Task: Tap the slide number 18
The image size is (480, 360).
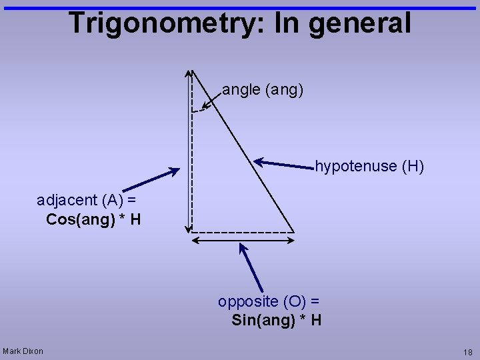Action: pyautogui.click(x=467, y=352)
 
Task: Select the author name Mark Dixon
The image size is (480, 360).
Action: pyautogui.click(x=23, y=351)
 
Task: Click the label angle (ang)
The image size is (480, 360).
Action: pyautogui.click(x=263, y=89)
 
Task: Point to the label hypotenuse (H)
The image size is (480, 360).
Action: pyautogui.click(x=369, y=166)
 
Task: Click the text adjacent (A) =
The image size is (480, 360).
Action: pyautogui.click(x=87, y=199)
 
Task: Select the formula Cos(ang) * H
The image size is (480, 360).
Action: pyautogui.click(x=93, y=219)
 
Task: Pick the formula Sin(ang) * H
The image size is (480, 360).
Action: pyautogui.click(x=277, y=320)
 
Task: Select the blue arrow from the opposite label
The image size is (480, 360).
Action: pyautogui.click(x=251, y=267)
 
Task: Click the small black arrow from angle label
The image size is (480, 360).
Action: pyautogui.click(x=211, y=101)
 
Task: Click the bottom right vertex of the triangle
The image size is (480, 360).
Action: pyautogui.click(x=294, y=232)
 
